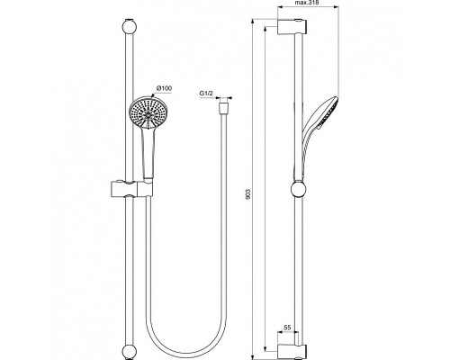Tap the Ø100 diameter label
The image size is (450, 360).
[165, 87]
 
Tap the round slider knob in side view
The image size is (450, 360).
[298, 189]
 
